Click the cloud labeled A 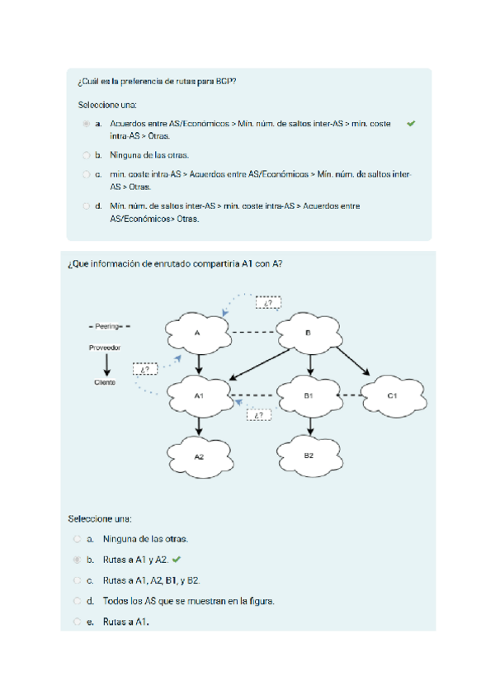tap(198, 332)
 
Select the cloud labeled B tap(308, 332)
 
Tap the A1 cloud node tap(199, 395)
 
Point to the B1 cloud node tap(308, 395)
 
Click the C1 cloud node tap(392, 395)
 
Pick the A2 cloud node tap(199, 455)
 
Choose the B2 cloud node tap(308, 455)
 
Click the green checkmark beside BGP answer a tap(411, 124)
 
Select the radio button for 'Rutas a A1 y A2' tap(78, 560)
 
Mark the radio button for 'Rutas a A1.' tap(78, 622)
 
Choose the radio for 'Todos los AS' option tap(78, 601)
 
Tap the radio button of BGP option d tap(87, 206)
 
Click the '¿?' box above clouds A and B tap(269, 304)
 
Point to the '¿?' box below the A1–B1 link tap(258, 416)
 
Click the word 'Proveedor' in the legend tap(105, 348)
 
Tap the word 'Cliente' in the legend tap(105, 383)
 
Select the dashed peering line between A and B tap(252, 333)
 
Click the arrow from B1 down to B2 tap(309, 426)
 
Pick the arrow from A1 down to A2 tap(199, 426)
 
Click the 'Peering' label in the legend tap(109, 327)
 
